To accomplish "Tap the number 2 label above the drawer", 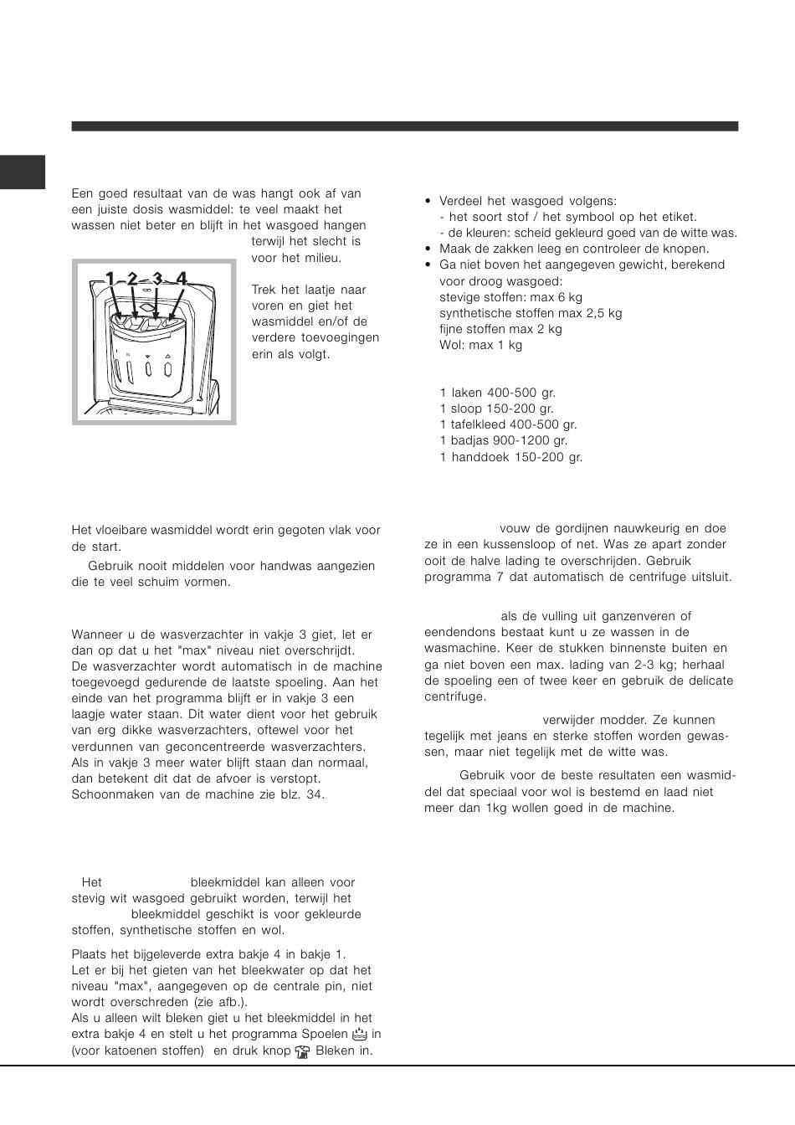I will tap(132, 279).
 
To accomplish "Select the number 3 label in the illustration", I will tap(156, 279).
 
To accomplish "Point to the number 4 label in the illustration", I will tap(182, 279).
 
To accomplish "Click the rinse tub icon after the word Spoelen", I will tap(361, 1035).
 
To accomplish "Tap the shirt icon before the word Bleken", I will tap(303, 1051).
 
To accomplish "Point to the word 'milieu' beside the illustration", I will tap(322, 258).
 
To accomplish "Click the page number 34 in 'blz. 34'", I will tap(315, 794).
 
